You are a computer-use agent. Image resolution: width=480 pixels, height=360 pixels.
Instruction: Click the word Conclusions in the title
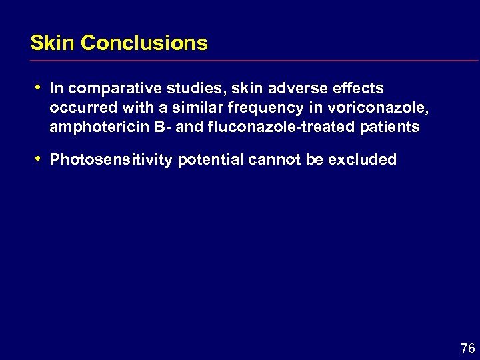144,43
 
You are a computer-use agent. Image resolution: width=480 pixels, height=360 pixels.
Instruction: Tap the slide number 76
467,348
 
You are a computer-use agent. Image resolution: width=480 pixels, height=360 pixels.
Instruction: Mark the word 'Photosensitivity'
111,160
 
